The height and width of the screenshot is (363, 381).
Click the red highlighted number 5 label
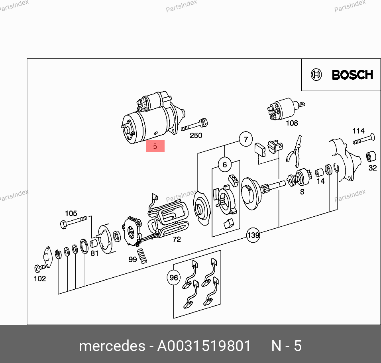pos(155,146)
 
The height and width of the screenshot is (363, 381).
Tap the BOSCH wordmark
pos(352,75)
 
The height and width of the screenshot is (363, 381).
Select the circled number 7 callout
pos(246,139)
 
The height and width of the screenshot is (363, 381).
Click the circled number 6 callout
pos(225,165)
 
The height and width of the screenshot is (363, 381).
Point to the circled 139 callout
pos(253,235)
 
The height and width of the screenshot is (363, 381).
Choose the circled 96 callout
pos(174,277)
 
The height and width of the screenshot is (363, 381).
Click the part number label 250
pos(196,135)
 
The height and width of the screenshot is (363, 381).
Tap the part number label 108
pos(292,123)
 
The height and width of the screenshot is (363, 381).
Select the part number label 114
pos(358,131)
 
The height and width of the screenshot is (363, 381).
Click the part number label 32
pos(373,168)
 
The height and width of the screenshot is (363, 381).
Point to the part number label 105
pos(71,213)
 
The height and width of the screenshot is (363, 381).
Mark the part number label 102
pos(40,279)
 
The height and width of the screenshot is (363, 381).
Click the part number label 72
pos(177,239)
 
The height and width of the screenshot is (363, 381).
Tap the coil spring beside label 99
pos(142,256)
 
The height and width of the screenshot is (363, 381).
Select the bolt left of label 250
pos(194,125)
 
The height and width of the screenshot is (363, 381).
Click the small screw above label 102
pos(40,268)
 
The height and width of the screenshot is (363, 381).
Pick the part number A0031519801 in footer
pos(204,346)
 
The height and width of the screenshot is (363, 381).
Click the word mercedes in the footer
pos(112,346)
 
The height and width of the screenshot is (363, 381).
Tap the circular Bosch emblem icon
pos(316,75)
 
